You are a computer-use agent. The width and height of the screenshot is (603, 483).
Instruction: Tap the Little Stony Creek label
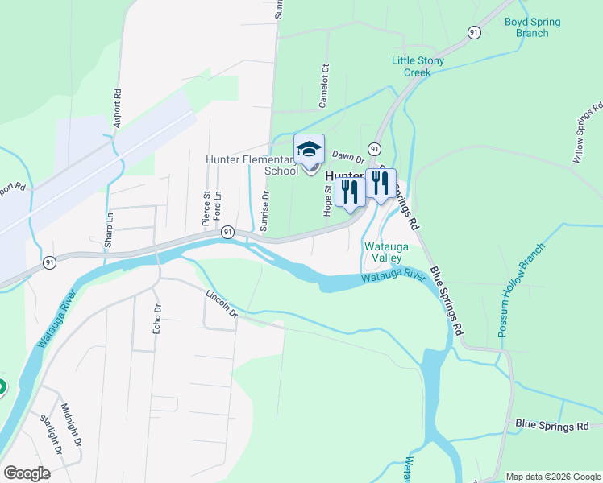point(422,66)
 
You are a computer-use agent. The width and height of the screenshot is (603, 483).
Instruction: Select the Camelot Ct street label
point(326,80)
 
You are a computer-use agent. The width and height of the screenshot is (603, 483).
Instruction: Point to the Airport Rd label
point(118,105)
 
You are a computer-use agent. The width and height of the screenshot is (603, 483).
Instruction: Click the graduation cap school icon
point(309,150)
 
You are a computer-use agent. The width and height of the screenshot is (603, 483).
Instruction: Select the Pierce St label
point(206,206)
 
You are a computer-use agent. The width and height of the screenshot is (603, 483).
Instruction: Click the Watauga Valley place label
point(382,252)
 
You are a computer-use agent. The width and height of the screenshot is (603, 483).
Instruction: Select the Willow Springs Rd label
point(588,134)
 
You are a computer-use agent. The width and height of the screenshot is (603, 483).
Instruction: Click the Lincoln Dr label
point(222,303)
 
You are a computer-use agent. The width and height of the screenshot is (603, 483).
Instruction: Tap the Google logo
point(27,473)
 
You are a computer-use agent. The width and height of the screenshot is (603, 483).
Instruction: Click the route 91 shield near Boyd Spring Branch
point(475,31)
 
